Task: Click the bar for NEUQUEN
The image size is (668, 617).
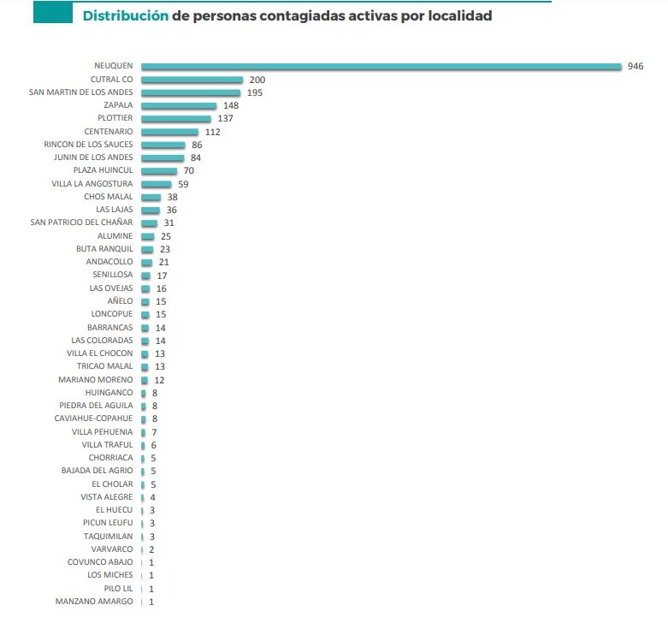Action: click(381, 66)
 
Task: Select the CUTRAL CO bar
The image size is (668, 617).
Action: click(192, 80)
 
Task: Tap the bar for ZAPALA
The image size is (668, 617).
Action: click(179, 105)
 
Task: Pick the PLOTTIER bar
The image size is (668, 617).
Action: click(175, 118)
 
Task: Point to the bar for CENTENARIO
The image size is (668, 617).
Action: click(169, 132)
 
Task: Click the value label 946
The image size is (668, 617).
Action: click(635, 66)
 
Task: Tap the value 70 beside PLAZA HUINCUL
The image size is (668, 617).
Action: click(189, 170)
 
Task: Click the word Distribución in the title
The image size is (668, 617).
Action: click(125, 16)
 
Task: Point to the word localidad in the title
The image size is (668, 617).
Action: click(459, 16)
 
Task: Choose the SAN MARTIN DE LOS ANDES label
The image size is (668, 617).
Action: click(81, 92)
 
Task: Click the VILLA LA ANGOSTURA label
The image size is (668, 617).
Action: click(92, 184)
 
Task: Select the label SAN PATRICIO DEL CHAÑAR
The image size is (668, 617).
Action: click(81, 222)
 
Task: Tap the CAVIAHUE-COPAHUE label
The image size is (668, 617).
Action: click(93, 418)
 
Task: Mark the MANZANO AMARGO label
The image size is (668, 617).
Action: click(94, 602)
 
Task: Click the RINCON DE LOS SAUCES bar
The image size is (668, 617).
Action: click(163, 145)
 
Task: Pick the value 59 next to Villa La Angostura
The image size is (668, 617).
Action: click(183, 184)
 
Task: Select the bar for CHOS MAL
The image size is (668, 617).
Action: click(151, 197)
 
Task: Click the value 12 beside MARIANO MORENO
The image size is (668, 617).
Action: click(159, 379)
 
